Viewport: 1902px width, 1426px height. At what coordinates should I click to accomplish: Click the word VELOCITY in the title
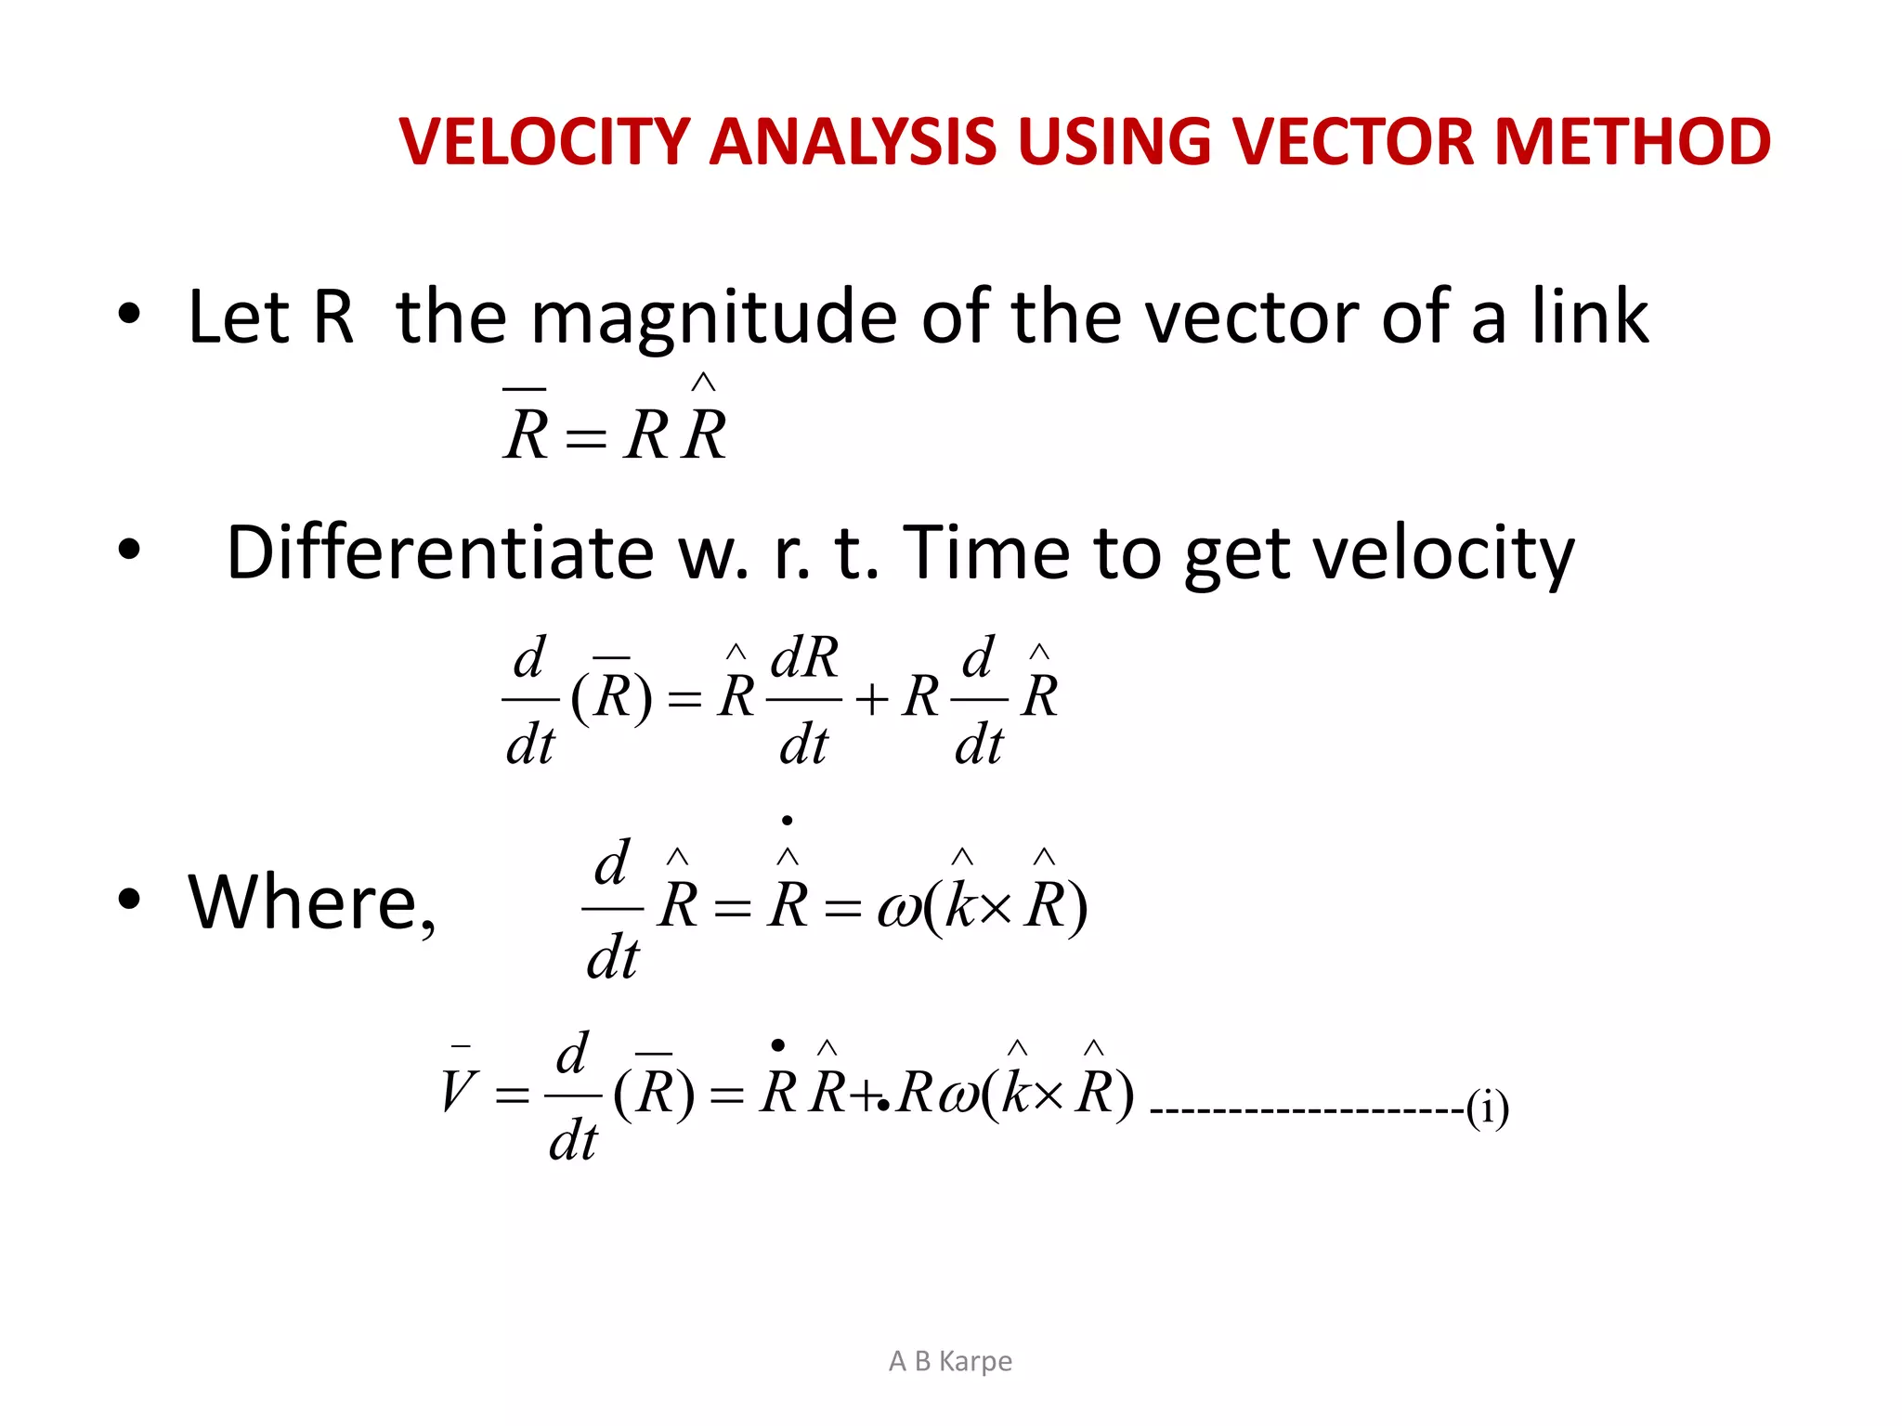pyautogui.click(x=543, y=142)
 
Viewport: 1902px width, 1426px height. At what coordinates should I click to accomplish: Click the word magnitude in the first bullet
pyautogui.click(x=713, y=318)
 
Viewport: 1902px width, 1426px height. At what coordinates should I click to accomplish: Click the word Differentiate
pyautogui.click(x=440, y=552)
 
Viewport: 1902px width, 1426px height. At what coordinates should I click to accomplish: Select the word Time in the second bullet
pyautogui.click(x=986, y=552)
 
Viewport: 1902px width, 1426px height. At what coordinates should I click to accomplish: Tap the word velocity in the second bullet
pyautogui.click(x=1379, y=554)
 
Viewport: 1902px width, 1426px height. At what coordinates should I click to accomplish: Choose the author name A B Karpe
pyautogui.click(x=950, y=1361)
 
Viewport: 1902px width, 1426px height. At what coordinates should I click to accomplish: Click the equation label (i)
pyautogui.click(x=1487, y=1108)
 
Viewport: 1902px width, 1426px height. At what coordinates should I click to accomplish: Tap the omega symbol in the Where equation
pyautogui.click(x=899, y=908)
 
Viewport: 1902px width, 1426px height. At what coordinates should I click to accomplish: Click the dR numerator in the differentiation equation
pyautogui.click(x=804, y=658)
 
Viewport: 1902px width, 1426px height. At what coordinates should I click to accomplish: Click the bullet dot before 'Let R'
pyautogui.click(x=129, y=314)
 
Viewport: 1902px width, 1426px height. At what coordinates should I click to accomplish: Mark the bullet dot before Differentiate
pyautogui.click(x=129, y=550)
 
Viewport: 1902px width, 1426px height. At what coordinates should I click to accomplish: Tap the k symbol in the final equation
pyautogui.click(x=1017, y=1093)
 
